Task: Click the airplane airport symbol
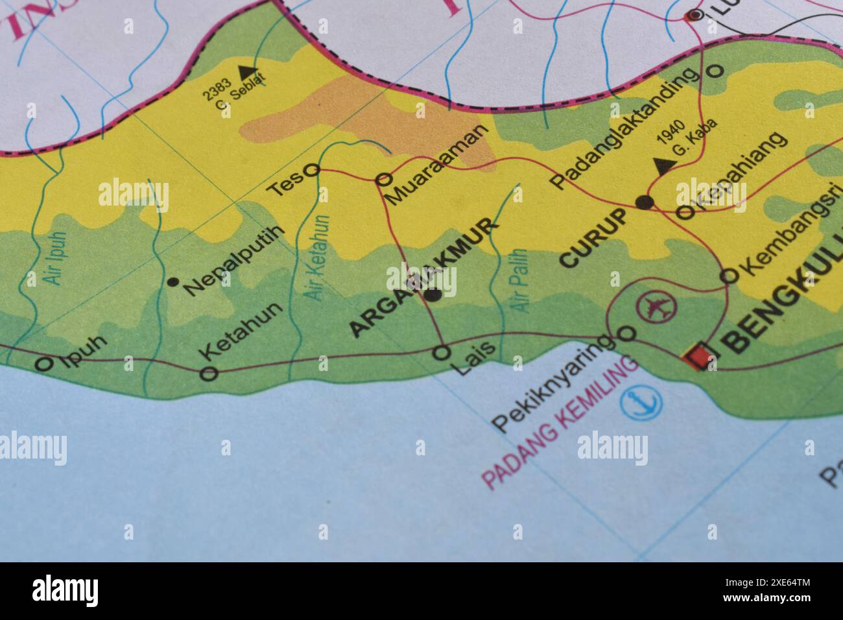pos(656,306)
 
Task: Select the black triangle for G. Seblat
pos(247,71)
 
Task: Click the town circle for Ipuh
pos(43,364)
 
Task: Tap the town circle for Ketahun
pos(209,373)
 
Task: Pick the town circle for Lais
pos(442,353)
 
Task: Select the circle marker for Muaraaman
pos(384,178)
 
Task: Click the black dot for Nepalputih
pos(172,281)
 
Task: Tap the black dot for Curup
pos(644,202)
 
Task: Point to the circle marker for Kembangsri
pos(730,276)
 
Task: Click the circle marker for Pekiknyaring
pos(627,333)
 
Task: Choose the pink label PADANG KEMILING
pos(560,423)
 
